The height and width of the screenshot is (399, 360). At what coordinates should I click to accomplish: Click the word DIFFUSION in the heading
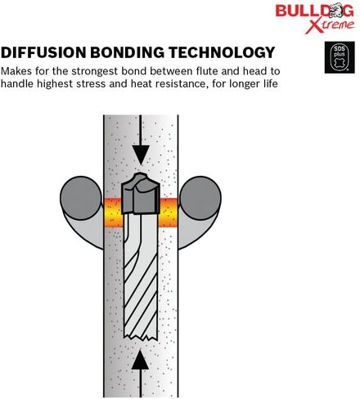pyautogui.click(x=43, y=52)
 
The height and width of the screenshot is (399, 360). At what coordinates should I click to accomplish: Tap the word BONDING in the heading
pyautogui.click(x=127, y=52)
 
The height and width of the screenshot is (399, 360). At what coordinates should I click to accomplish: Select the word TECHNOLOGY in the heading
pyautogui.click(x=222, y=52)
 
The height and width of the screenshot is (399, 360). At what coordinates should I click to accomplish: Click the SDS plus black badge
pyautogui.click(x=340, y=57)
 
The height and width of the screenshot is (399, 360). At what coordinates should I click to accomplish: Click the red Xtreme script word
pyautogui.click(x=330, y=26)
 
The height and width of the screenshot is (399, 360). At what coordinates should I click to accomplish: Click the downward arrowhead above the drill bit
pyautogui.click(x=141, y=155)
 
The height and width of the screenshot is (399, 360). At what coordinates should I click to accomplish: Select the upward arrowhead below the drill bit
pyautogui.click(x=140, y=360)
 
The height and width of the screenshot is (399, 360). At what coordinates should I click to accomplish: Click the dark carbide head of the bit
pyautogui.click(x=140, y=193)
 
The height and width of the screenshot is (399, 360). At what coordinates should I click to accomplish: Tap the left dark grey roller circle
pyautogui.click(x=81, y=198)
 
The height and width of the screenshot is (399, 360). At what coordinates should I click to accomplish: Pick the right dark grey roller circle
pyautogui.click(x=200, y=198)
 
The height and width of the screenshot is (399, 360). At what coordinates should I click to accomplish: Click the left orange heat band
pyautogui.click(x=114, y=213)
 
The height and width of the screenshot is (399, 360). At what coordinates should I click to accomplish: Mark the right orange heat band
pyautogui.click(x=168, y=213)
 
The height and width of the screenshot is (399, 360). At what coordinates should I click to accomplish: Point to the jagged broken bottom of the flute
pyautogui.click(x=141, y=338)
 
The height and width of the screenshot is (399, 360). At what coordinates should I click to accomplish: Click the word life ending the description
pyautogui.click(x=271, y=83)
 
